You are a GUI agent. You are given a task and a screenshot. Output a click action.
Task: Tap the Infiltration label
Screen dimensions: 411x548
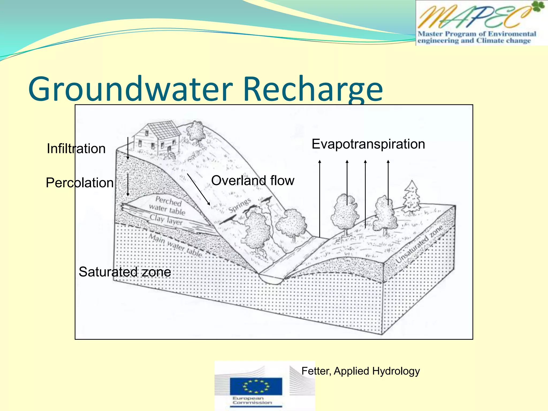coord(76,149)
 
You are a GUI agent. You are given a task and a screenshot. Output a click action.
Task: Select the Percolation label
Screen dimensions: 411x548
coord(79,183)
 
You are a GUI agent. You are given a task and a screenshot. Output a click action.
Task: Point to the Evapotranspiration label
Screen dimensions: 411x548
coord(368,144)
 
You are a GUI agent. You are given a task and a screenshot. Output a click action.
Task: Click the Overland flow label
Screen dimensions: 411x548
coord(253,181)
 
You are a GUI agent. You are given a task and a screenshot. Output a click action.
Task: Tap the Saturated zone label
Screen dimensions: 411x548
coord(125,272)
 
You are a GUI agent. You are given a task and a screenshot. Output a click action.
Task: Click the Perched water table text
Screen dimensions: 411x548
coord(167,205)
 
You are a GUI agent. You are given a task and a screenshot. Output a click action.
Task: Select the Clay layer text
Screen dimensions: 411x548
coord(166,220)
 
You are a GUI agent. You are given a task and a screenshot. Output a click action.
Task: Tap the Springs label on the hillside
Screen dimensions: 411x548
coord(240,205)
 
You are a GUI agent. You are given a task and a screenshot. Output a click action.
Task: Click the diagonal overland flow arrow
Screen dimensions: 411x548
coord(198,189)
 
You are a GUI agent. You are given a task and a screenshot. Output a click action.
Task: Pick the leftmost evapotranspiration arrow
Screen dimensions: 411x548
coord(320,198)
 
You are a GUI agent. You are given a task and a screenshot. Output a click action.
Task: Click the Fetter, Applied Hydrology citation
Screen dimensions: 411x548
coord(360,371)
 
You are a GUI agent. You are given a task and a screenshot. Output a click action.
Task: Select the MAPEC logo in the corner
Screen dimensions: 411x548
coord(481,23)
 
